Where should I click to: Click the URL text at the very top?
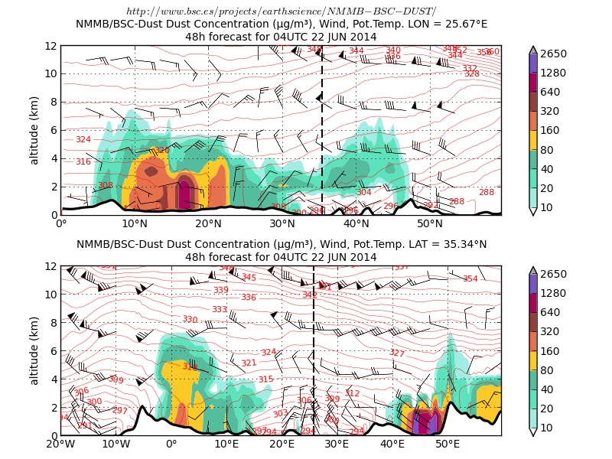[x=281, y=11]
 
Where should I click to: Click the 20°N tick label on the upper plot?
[x=209, y=223]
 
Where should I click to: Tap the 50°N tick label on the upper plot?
[x=431, y=223]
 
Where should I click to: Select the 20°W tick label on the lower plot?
[x=60, y=444]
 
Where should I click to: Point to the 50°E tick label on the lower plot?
[x=448, y=444]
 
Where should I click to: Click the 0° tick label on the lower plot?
[x=171, y=444]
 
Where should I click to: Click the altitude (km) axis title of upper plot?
[x=34, y=130]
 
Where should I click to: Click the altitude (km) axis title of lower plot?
[x=34, y=350]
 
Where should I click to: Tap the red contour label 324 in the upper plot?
[x=83, y=139]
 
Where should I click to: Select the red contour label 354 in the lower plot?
[x=470, y=278]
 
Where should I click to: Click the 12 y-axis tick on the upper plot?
[x=50, y=46]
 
